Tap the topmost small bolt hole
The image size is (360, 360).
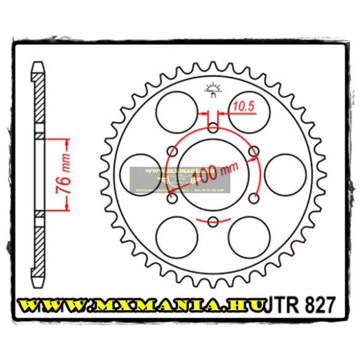coord(213,128)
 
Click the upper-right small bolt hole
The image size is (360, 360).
coord(253,151)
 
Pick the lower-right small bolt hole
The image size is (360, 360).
coord(253,198)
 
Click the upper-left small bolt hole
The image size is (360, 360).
coord(173,151)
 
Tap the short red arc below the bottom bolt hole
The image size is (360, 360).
coord(213,220)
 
